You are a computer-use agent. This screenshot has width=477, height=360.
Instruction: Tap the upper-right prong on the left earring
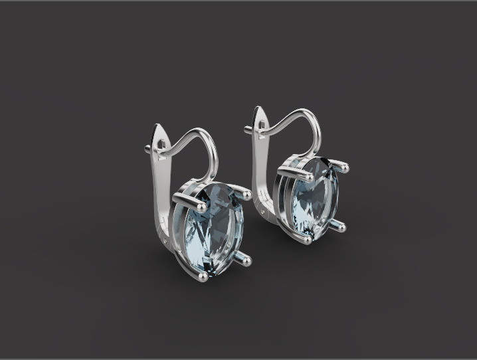point(245,195)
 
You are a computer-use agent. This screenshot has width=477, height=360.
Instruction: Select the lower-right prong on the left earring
point(245,260)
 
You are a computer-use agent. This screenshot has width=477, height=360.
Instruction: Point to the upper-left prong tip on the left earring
point(178,197)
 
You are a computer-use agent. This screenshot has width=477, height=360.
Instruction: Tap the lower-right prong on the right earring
point(339,227)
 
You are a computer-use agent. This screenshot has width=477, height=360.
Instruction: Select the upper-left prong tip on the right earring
point(310,176)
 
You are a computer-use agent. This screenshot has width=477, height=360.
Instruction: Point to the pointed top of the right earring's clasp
point(261,108)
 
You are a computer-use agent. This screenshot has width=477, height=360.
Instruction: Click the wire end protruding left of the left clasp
point(147,149)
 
